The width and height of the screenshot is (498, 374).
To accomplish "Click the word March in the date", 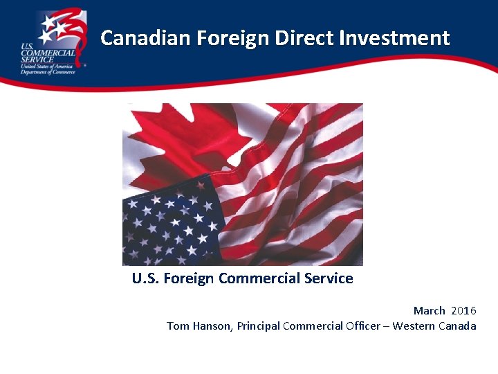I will click(429, 310).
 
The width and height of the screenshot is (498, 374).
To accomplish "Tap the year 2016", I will click(463, 310).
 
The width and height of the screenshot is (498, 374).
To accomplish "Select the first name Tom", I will click(177, 326).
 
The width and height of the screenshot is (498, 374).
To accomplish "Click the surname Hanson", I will click(212, 326).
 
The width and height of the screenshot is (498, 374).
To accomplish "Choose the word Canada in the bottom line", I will click(457, 326).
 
